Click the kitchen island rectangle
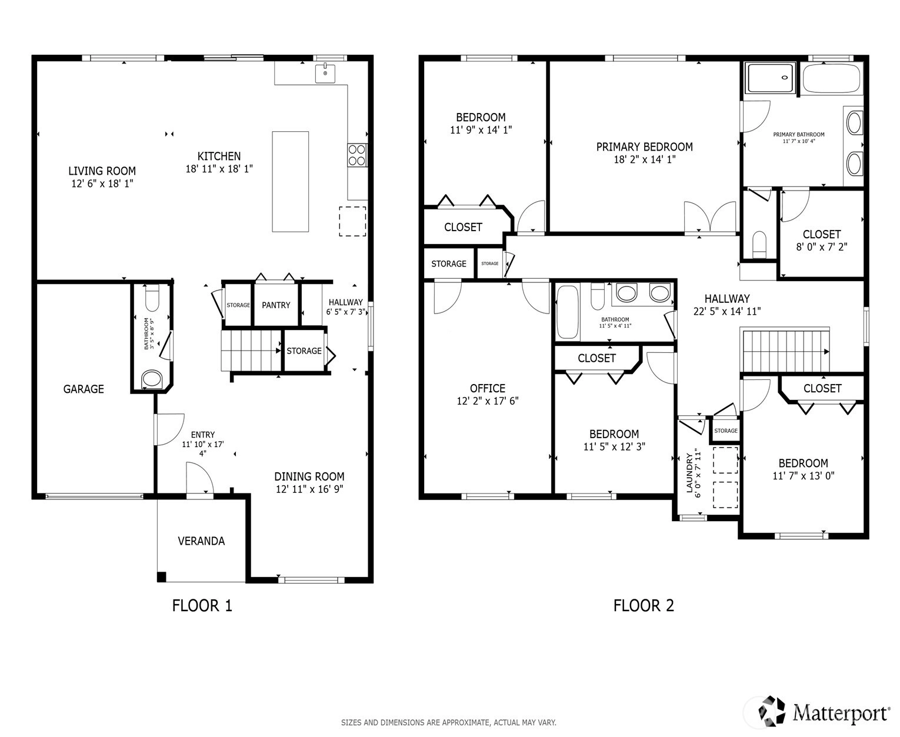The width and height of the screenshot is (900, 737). tap(290, 181)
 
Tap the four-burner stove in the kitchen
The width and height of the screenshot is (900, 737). tap(356, 155)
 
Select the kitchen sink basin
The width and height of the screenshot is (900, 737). tap(325, 73)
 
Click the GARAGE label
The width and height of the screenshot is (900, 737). tap(84, 389)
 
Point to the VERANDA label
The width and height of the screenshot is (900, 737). tap(201, 541)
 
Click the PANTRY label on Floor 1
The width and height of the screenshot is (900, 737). tap(276, 305)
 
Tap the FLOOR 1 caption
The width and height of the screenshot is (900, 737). tap(202, 605)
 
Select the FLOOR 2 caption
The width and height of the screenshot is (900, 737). tap(644, 605)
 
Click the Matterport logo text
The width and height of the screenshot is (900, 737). tap(841, 713)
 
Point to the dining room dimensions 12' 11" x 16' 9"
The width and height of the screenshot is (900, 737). tap(309, 489)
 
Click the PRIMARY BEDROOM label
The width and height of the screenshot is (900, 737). tap(644, 147)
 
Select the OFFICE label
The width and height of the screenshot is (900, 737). tap(487, 388)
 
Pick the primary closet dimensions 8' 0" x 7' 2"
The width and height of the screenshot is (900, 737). tap(822, 246)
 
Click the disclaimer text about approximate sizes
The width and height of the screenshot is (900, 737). tap(448, 722)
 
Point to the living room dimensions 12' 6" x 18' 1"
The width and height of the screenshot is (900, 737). tap(102, 184)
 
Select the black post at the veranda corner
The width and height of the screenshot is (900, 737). tap(162, 577)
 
